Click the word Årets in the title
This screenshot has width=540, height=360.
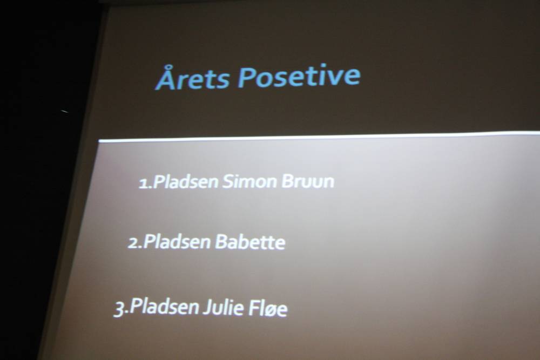[x=193, y=78]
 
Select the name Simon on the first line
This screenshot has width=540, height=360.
[x=249, y=181]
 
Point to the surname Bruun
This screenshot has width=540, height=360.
[x=308, y=181]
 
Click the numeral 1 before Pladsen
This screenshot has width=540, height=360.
[x=143, y=184]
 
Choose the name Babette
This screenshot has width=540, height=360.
[x=251, y=242]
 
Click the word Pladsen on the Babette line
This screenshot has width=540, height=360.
[x=177, y=241]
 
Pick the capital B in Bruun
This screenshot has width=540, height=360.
[x=287, y=181]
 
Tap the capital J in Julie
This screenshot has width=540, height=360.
[x=207, y=307]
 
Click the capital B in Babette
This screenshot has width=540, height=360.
[x=221, y=242]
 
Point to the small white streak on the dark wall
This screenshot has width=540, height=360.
[x=65, y=111]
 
